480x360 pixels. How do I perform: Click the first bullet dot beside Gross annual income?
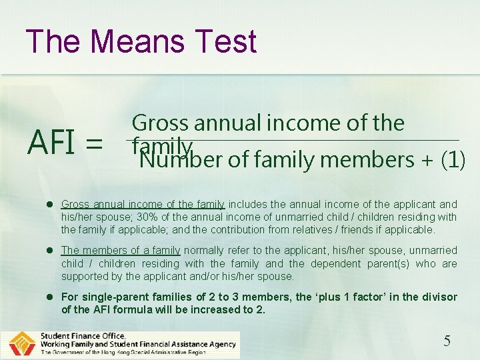click(x=49, y=204)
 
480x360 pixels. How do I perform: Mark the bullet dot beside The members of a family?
click(x=49, y=251)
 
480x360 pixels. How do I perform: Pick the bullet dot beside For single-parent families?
click(x=49, y=297)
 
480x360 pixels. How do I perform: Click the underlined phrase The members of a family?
click(x=121, y=251)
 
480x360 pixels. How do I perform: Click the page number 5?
click(x=447, y=341)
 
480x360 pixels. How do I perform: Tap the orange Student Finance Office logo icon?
click(x=21, y=345)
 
